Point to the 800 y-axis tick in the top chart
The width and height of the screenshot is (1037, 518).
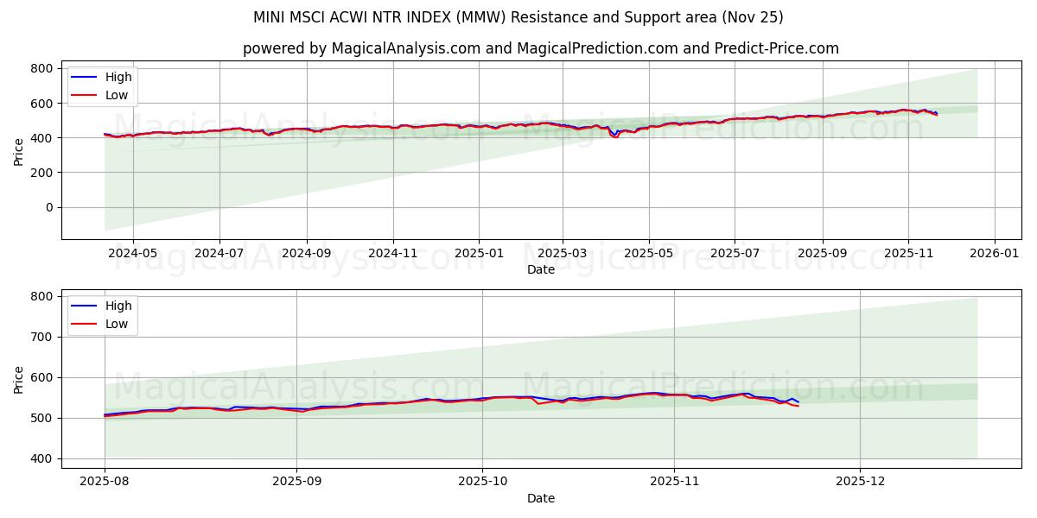(x=42, y=68)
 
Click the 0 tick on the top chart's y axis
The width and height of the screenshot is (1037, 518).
(x=49, y=207)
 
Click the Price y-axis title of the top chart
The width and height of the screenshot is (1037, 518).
(x=19, y=150)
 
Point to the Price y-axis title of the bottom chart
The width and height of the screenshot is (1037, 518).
(x=19, y=378)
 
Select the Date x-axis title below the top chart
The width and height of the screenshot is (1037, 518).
(x=541, y=269)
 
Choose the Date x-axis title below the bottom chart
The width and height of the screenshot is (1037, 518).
(x=541, y=498)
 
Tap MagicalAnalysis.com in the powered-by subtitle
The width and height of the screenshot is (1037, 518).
(x=405, y=48)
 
